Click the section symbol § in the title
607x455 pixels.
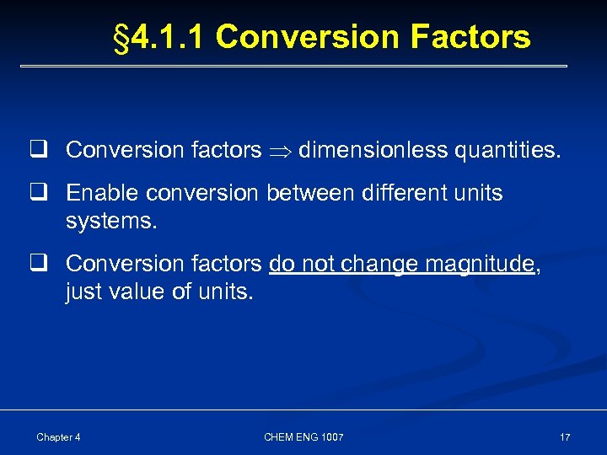122,38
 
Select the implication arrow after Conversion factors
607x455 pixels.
280,151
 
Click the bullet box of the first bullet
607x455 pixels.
39,150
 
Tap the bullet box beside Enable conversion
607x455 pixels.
39,193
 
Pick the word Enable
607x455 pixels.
103,193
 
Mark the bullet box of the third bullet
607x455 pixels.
39,264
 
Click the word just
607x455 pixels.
83,292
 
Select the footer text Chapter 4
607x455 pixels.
58,437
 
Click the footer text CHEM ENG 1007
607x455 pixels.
303,437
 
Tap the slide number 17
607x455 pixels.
564,437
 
